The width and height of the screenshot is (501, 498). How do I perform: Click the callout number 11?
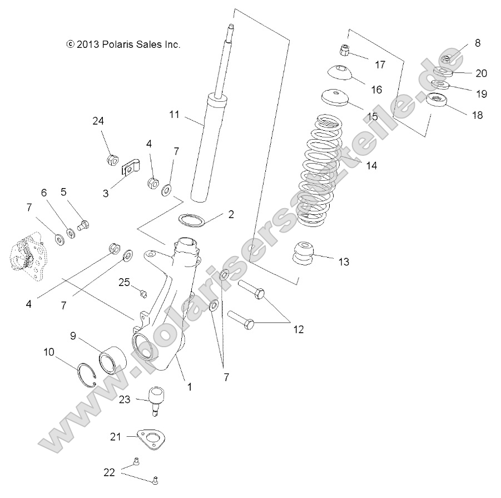click(x=175, y=115)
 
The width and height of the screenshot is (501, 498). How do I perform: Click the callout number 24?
click(x=98, y=121)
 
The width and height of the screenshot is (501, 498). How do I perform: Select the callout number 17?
click(x=380, y=65)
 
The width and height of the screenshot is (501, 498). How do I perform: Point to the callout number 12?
click(x=299, y=329)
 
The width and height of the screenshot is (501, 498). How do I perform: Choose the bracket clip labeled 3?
click(x=130, y=167)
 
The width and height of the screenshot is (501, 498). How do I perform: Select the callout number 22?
click(x=109, y=472)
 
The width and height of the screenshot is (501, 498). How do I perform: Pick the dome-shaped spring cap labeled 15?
click(x=335, y=97)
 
